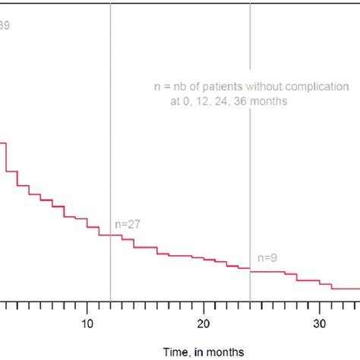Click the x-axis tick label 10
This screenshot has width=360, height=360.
(x=87, y=323)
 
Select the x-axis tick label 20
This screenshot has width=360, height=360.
(x=204, y=323)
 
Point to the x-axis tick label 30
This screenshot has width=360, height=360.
(x=320, y=323)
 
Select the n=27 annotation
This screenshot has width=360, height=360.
(x=128, y=224)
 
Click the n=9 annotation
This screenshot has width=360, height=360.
(x=267, y=257)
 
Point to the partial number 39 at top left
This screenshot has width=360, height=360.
(x=5, y=25)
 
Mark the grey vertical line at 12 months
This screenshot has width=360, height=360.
(x=111, y=114)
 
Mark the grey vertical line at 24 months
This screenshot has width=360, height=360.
(x=250, y=152)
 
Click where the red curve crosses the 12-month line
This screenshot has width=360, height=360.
(x=111, y=235)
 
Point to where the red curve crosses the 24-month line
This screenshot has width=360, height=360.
(x=250, y=270)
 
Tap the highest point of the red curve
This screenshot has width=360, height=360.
(x=3, y=143)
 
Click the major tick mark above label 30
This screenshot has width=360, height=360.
(x=320, y=308)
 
